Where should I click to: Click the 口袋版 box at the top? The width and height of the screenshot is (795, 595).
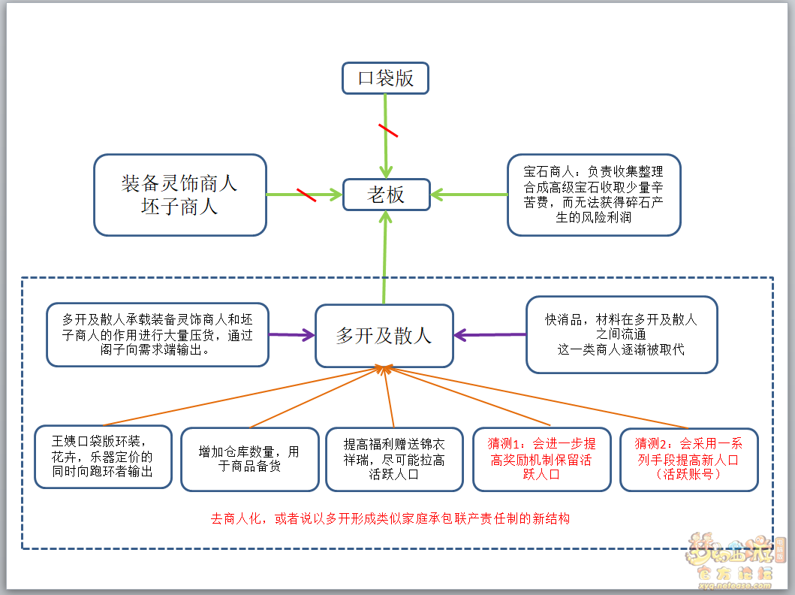pos(385,78)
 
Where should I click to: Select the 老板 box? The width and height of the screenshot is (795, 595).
pos(387,195)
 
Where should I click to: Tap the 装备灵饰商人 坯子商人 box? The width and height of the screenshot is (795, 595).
pos(180,195)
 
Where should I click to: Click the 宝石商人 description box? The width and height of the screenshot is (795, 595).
pos(594,195)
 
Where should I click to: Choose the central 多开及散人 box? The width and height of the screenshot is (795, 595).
pos(384,335)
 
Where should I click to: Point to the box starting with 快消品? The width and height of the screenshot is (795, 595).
pos(622,335)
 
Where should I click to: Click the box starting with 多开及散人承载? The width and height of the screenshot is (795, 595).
pos(157,335)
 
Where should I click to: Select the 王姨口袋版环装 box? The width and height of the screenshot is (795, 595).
pos(103,457)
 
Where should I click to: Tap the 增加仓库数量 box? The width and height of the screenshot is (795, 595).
pos(249,459)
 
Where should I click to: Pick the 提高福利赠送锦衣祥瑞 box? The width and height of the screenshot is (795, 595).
pos(394,459)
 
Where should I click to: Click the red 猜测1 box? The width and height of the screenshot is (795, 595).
pos(541,459)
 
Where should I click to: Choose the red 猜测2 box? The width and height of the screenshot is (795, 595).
pos(688,459)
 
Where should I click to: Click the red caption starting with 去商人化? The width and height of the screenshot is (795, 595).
pos(390,518)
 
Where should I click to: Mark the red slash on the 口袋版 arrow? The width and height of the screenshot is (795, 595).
pos(388,131)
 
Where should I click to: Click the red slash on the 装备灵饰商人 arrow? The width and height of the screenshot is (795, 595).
pos(306,195)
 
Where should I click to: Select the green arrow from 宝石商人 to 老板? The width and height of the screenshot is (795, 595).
pos(469,195)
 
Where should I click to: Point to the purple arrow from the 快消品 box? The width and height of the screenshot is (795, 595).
pos(489,335)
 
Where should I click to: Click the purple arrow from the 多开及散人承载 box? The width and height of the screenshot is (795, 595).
pos(292,335)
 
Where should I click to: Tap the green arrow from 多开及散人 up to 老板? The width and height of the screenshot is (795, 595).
pos(385,257)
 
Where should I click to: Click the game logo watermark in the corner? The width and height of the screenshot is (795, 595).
pos(735,560)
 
